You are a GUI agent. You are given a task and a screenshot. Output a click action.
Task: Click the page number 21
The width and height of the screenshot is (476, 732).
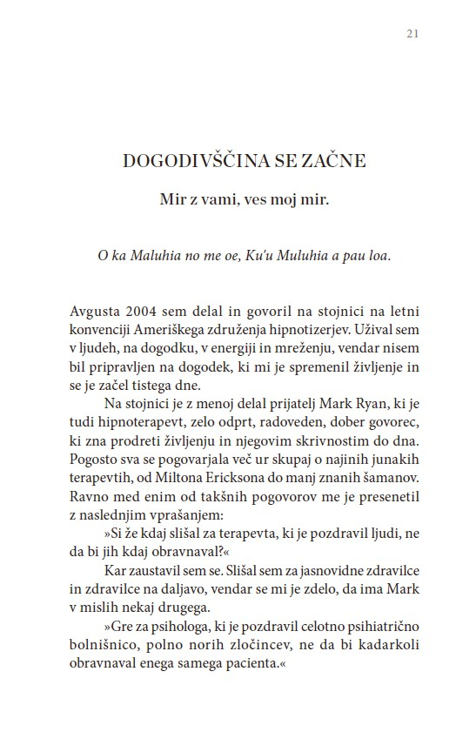pos(413,34)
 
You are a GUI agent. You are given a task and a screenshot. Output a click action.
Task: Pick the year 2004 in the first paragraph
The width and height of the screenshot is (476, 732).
pos(140,312)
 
